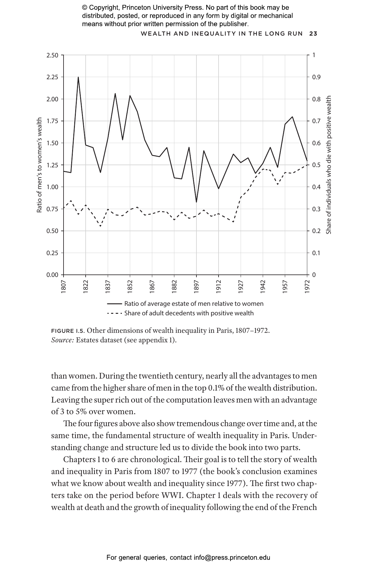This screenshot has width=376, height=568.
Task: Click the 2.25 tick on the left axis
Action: [52, 77]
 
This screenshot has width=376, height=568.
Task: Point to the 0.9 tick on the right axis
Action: [316, 77]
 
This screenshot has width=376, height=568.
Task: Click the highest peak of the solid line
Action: [78, 77]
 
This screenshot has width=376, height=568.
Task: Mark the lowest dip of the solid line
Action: [196, 202]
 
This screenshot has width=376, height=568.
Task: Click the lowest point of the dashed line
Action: [100, 227]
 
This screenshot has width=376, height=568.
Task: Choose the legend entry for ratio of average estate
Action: [193, 304]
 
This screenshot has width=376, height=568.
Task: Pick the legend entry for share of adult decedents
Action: [189, 313]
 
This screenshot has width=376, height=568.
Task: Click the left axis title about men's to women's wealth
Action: [39, 165]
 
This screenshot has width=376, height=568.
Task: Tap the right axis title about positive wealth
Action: [329, 165]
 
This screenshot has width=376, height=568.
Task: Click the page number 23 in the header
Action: [313, 33]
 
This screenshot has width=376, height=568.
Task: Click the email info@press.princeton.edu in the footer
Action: [232, 558]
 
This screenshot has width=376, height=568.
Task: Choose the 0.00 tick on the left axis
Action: [52, 275]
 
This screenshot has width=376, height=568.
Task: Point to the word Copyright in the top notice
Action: [104, 8]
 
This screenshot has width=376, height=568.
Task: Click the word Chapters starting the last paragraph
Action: [76, 460]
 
